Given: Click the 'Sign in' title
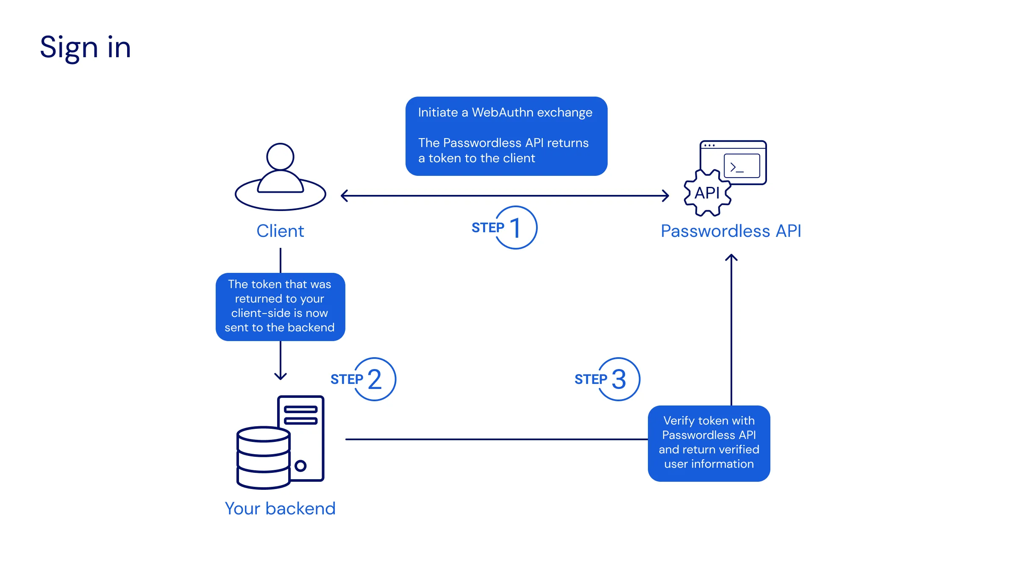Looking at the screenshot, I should click(85, 47).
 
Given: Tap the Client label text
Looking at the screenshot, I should click(280, 231).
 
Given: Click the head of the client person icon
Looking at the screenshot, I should click(280, 157).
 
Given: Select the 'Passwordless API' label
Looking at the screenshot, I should click(731, 231).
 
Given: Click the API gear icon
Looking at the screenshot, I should click(707, 193).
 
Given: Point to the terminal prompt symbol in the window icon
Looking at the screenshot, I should click(736, 167).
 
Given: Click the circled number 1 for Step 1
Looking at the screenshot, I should click(516, 228).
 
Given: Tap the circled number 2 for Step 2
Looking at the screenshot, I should click(375, 379).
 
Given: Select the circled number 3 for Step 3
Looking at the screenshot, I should click(619, 379).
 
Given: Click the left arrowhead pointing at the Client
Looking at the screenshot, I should click(344, 196).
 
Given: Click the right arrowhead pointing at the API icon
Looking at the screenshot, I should click(666, 196).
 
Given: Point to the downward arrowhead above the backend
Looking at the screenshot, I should click(281, 376).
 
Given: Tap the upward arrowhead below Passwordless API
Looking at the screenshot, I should click(731, 257).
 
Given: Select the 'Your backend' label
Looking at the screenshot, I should click(280, 508).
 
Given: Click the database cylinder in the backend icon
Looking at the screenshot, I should click(263, 458).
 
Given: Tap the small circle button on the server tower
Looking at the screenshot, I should click(300, 466).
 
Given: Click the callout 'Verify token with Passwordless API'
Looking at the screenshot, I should click(709, 443).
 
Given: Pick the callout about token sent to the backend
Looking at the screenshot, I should click(280, 306).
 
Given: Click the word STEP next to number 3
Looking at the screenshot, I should click(590, 379).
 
